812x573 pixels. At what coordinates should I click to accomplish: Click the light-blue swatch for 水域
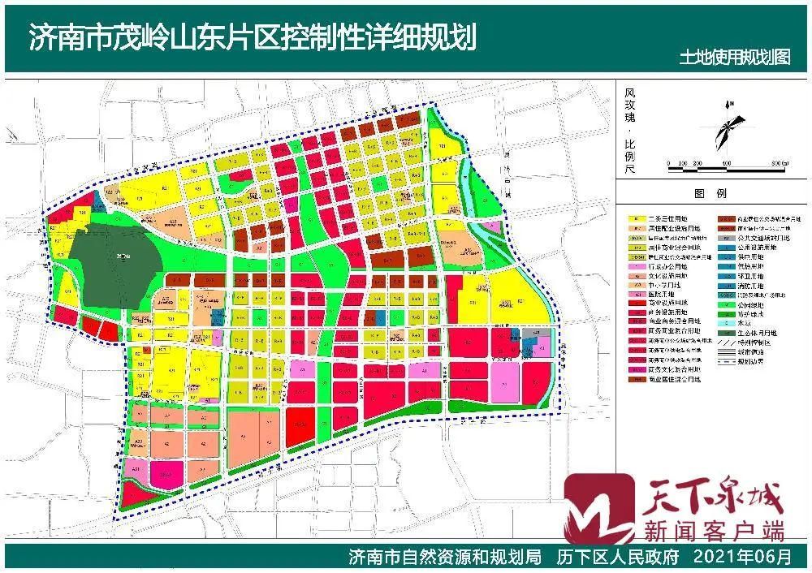point(724,322)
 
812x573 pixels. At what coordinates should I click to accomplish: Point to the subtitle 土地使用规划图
point(736,58)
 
